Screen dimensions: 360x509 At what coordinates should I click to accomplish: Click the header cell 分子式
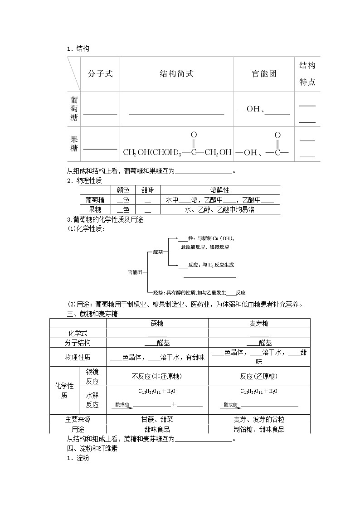(100, 74)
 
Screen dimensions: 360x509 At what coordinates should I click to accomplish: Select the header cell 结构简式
(176, 74)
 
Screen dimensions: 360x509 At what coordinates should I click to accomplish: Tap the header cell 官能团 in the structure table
(264, 74)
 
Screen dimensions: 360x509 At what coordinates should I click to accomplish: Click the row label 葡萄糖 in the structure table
(74, 109)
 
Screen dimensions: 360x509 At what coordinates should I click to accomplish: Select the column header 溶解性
(220, 190)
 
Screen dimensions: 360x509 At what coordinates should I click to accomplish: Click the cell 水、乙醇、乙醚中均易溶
(220, 209)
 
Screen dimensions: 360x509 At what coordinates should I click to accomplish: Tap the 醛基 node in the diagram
(158, 252)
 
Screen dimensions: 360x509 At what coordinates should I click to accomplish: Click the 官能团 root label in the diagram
(135, 272)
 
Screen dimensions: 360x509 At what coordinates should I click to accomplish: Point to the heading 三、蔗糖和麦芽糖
(92, 314)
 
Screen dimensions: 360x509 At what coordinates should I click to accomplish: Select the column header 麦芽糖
(259, 323)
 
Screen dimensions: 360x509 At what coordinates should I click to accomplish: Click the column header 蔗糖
(157, 323)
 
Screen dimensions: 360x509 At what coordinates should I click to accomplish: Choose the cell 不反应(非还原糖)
(157, 376)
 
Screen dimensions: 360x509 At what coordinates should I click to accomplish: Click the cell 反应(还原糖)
(259, 376)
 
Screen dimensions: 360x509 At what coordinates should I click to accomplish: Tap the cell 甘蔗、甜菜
(157, 420)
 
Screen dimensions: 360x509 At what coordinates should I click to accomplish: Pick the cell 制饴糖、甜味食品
(259, 429)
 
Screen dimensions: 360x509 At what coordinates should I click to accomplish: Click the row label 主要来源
(78, 420)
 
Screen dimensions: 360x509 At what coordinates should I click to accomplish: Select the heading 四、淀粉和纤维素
(92, 449)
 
